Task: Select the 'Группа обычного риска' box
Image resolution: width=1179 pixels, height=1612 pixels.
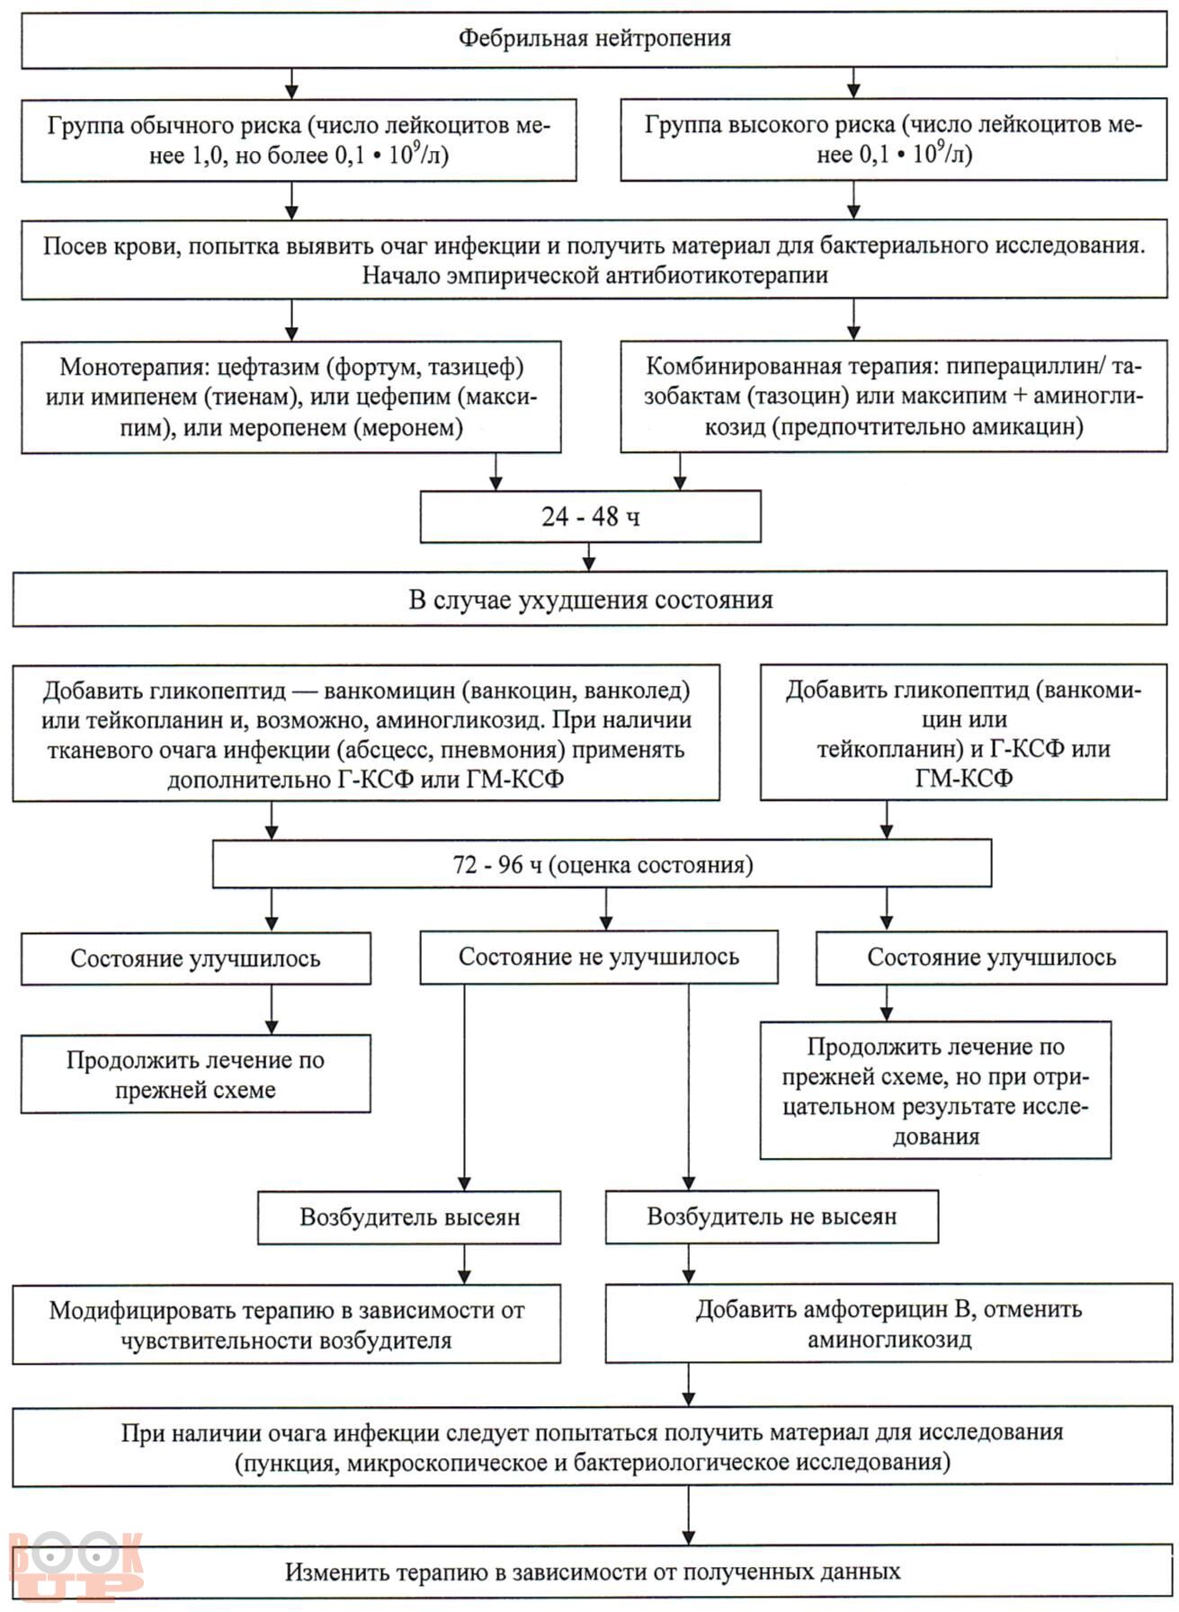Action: (x=299, y=139)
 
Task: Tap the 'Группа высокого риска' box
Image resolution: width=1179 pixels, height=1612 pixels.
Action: (x=894, y=139)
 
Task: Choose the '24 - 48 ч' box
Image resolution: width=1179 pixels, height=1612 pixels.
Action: (x=591, y=517)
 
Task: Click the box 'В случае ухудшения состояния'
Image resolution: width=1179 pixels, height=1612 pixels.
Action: (x=590, y=600)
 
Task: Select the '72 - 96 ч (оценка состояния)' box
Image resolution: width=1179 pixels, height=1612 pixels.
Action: (x=603, y=865)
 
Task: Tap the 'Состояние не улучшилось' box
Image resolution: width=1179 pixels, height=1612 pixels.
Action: (x=599, y=957)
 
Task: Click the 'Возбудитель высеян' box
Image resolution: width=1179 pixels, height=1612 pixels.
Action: (x=409, y=1217)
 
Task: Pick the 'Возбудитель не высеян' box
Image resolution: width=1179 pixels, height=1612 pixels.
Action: (x=772, y=1217)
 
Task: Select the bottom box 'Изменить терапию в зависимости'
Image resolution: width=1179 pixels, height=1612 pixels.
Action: (x=593, y=1572)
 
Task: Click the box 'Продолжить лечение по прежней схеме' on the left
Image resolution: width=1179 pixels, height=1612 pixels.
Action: (x=195, y=1073)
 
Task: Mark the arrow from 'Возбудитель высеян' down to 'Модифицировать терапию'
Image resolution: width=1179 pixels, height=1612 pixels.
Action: (x=464, y=1264)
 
